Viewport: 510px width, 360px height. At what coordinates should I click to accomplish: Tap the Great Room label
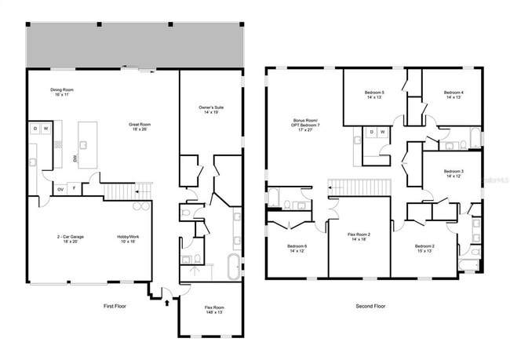pos(140,127)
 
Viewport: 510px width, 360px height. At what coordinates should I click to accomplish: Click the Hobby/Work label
pos(127,238)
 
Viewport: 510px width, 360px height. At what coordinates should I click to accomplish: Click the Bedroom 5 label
pos(373,95)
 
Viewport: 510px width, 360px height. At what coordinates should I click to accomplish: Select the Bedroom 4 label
pos(453,95)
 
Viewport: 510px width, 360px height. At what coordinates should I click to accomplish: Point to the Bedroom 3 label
pos(454,174)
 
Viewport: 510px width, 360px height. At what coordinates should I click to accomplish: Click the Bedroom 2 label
pos(424,249)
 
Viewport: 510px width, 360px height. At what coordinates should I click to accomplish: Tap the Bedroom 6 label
pos(297,249)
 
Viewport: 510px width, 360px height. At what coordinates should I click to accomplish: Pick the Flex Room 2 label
pos(358,238)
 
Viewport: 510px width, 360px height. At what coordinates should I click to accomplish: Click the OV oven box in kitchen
pos(60,189)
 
